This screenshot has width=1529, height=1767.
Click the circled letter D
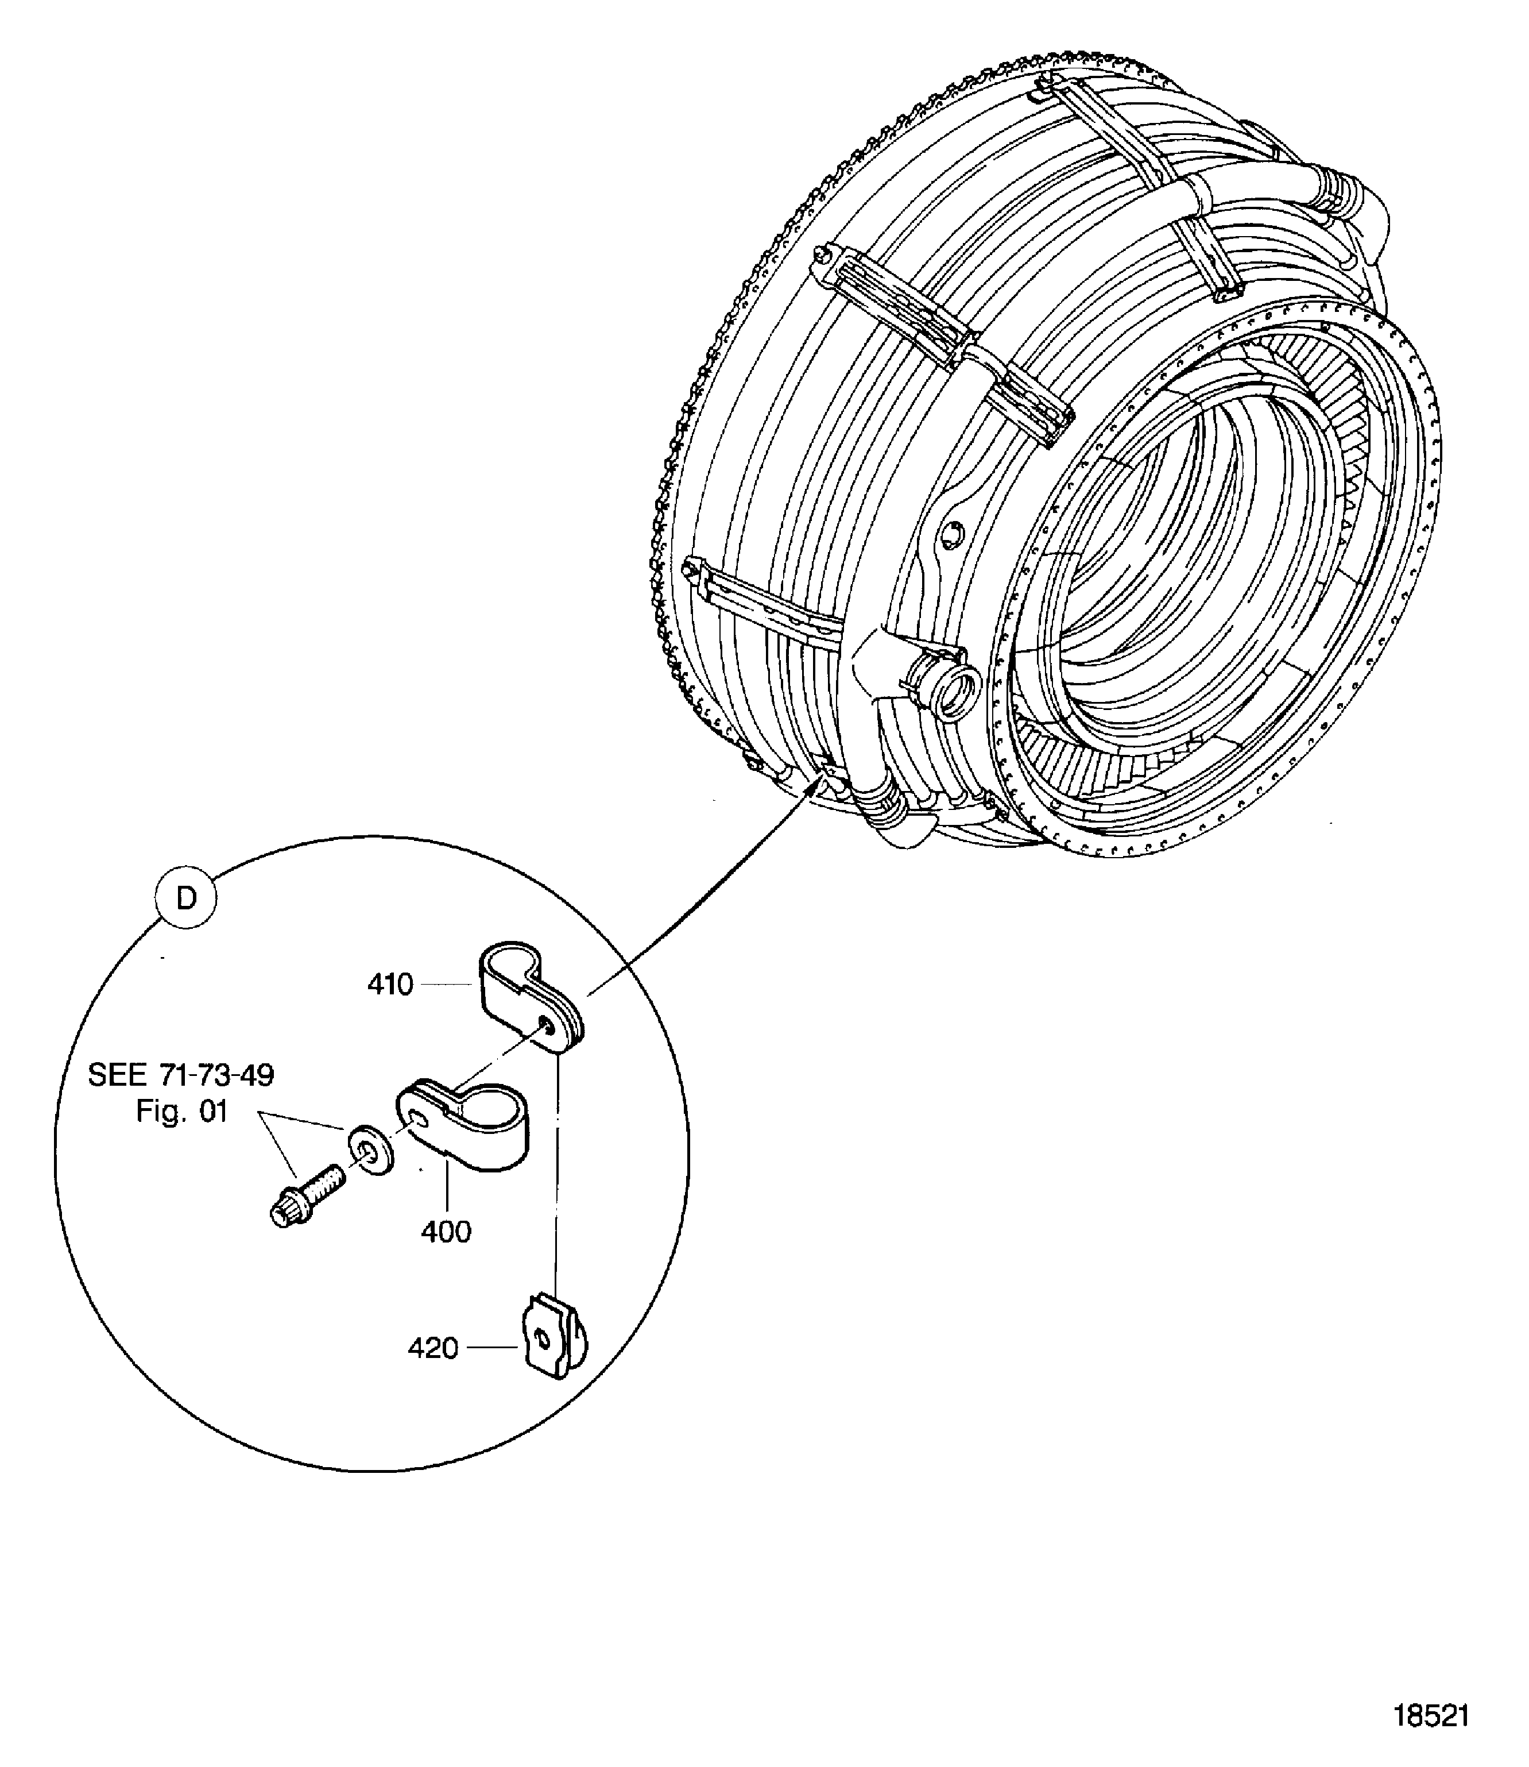coord(186,899)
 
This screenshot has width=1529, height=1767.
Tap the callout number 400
coord(446,1231)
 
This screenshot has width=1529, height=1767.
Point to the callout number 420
coord(432,1348)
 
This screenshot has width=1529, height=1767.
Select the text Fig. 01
coord(182,1112)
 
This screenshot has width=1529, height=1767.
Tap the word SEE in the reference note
coord(116,1075)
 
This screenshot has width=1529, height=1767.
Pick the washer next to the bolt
coord(369,1151)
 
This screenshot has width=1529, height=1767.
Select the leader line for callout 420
coord(494,1348)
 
